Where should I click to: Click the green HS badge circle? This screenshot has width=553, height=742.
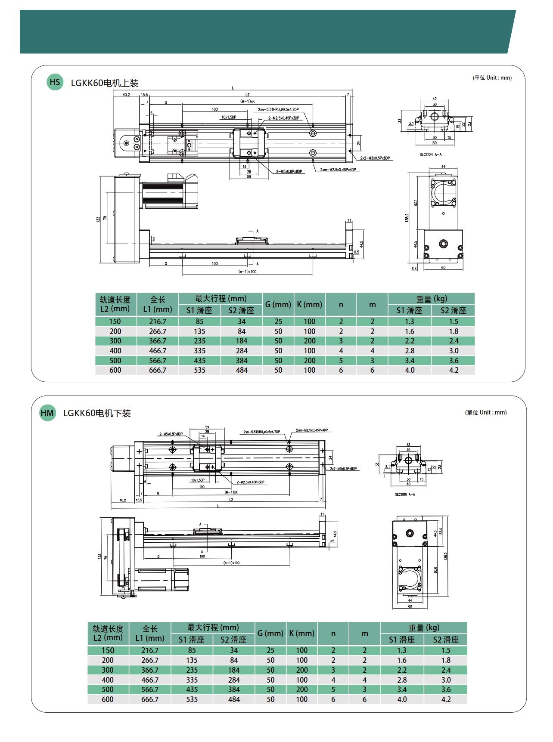tap(55, 82)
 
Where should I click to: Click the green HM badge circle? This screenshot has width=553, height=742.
tap(47, 413)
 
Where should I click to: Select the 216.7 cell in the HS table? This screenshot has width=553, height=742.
tap(158, 322)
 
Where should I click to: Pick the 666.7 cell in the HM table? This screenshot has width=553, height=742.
tap(150, 699)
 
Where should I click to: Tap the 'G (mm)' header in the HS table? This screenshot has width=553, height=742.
tap(278, 304)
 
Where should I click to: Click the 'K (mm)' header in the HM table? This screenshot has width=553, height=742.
tap(301, 634)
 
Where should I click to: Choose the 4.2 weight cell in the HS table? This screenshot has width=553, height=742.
tap(454, 370)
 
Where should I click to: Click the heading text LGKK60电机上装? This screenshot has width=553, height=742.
tap(105, 83)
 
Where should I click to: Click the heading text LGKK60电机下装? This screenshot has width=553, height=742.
tap(97, 413)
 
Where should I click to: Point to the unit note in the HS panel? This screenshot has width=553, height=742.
tap(492, 78)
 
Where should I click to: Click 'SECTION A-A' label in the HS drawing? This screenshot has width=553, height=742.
tap(430, 155)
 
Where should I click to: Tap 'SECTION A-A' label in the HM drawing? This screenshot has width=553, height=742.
tap(405, 495)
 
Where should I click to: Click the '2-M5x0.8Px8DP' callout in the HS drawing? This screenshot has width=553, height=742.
tap(289, 171)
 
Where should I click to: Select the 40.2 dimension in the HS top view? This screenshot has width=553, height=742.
tap(126, 95)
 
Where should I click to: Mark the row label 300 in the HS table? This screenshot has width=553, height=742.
tap(115, 341)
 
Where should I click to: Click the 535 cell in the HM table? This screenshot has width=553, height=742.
tap(192, 699)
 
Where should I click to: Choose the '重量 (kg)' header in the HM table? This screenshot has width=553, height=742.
tap(423, 628)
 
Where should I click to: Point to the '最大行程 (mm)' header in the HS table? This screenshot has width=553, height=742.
tap(221, 298)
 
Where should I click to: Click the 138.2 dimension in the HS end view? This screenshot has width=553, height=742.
tap(407, 218)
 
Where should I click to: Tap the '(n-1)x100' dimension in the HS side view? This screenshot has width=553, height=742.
tap(247, 272)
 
